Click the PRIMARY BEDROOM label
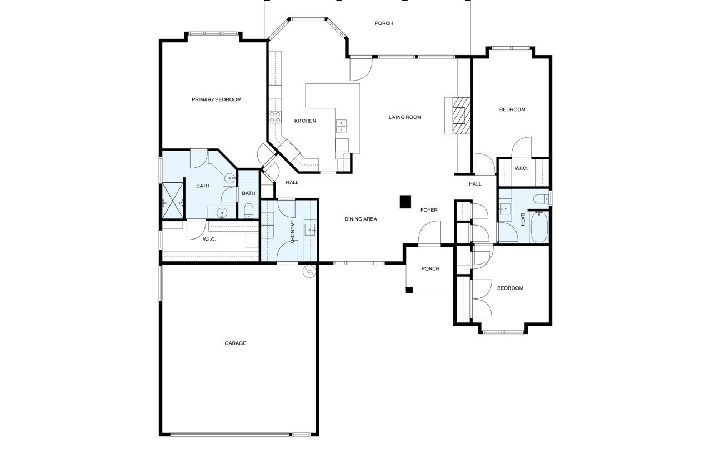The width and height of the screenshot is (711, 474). (x=216, y=99)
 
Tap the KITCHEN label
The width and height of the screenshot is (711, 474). (x=305, y=121)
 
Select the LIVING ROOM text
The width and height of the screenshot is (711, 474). (x=405, y=117)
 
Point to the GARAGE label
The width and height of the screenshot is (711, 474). (x=235, y=343)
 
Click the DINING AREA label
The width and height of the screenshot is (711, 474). (x=360, y=219)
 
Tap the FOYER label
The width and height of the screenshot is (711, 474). (x=429, y=210)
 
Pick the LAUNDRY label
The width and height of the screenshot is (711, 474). (x=292, y=232)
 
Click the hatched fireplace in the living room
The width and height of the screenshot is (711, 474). (x=461, y=116)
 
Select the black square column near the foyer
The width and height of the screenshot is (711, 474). (x=405, y=202)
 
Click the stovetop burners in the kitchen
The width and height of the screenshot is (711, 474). (x=275, y=117)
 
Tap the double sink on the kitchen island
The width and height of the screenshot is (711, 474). (x=341, y=126)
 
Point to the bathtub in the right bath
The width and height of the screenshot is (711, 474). (x=539, y=227)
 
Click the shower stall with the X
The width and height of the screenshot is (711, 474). (x=173, y=201)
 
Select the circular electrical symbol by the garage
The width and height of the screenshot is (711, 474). (x=309, y=271)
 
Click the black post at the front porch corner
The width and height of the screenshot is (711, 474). (x=409, y=290)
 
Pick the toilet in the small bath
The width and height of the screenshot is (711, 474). (x=248, y=210)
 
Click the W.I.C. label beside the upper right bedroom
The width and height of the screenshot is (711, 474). (x=521, y=168)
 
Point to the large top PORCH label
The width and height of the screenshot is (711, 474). (x=384, y=23)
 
